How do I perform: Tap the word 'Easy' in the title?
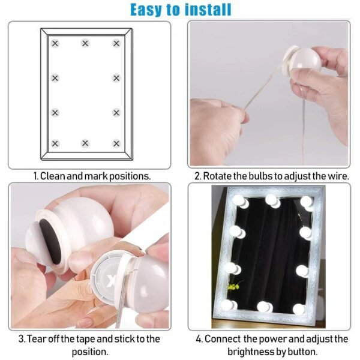[149, 10]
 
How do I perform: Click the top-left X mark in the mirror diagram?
[55, 43]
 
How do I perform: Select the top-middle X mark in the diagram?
[85, 43]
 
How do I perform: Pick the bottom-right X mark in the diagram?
[116, 143]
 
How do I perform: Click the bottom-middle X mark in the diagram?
[85, 143]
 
